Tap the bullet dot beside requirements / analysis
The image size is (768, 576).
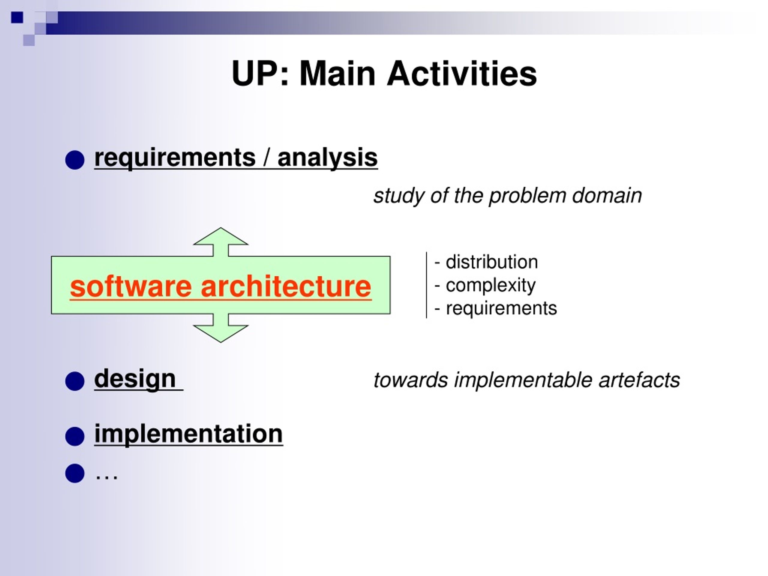tap(75, 160)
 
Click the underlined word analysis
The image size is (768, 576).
tap(327, 158)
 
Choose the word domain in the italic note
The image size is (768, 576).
tap(607, 196)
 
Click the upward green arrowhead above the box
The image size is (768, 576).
tap(221, 236)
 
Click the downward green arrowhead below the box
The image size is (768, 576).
tap(221, 334)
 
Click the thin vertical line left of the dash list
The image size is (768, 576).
tap(426, 285)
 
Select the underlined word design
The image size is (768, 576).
tap(135, 379)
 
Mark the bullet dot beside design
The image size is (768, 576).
tap(75, 381)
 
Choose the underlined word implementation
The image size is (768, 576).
tap(188, 434)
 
